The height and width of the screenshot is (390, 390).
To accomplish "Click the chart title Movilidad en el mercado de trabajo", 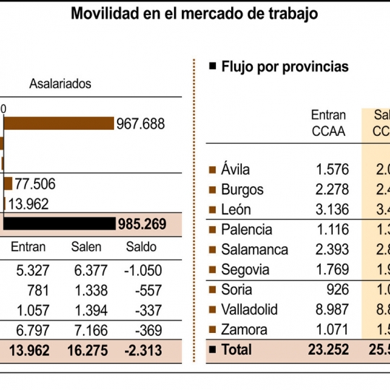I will click(194, 14).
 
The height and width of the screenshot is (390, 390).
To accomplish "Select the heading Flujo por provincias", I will click(285, 66).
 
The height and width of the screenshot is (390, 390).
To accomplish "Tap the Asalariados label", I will click(60, 83).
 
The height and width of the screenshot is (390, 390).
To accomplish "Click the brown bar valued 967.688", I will click(59, 123).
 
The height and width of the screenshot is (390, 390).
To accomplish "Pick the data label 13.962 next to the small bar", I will click(28, 204).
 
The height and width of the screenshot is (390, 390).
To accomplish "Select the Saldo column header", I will click(141, 247).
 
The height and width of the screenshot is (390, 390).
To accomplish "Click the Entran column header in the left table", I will click(28, 247).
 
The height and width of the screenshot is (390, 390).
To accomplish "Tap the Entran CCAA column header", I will click(329, 123).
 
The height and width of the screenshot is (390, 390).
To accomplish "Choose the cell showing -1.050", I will click(142, 271).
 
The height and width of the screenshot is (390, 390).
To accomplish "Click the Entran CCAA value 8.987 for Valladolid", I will click(332, 310).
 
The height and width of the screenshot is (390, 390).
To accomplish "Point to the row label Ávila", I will click(236, 170).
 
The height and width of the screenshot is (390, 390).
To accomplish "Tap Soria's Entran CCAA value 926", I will click(337, 290).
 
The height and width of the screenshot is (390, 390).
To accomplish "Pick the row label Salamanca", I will click(254, 250).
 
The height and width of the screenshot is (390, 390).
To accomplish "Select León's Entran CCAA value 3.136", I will click(332, 210).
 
